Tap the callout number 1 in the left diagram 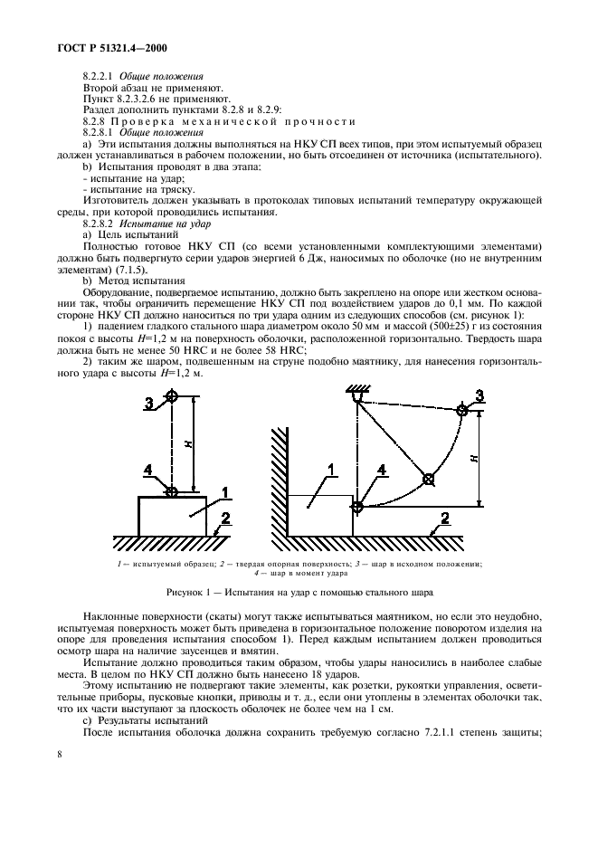coord(226,491)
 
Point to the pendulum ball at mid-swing coord(428,479)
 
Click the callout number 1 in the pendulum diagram coord(331,470)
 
